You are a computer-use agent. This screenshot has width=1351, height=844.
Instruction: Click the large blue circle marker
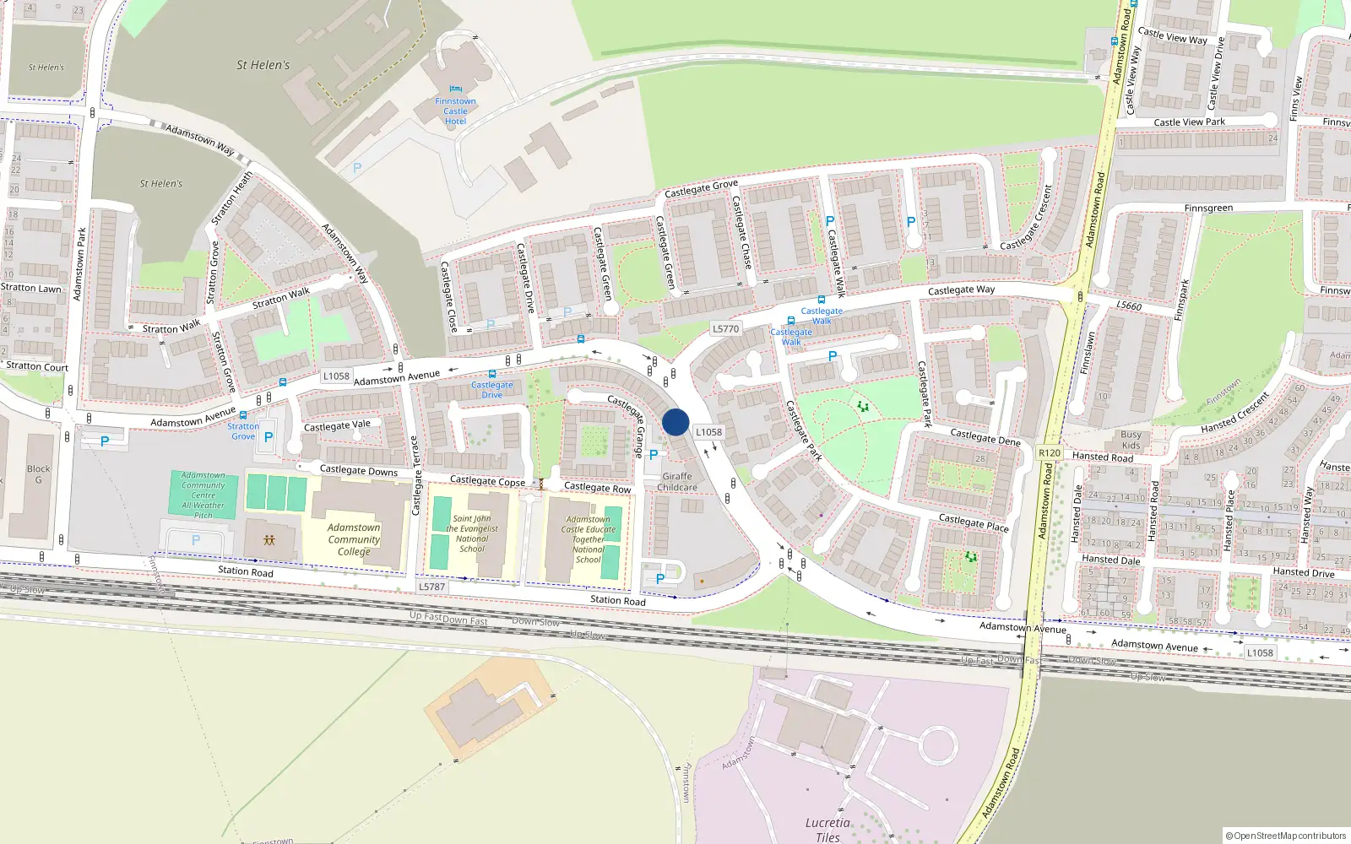tap(675, 422)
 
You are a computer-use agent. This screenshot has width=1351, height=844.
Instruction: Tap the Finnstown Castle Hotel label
tap(455, 111)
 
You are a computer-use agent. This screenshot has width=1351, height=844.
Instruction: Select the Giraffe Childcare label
tap(677, 482)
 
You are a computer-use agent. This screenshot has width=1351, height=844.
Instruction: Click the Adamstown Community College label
tap(354, 539)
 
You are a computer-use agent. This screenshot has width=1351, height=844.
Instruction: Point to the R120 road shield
tap(1050, 453)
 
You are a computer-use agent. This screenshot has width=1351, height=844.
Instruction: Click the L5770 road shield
tap(725, 329)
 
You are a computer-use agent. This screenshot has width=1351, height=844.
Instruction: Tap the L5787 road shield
tap(431, 587)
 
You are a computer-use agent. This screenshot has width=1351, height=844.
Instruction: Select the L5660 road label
tap(1129, 306)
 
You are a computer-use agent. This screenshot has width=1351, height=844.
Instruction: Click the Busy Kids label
tap(1131, 440)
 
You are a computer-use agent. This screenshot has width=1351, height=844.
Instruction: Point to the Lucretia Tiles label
tap(827, 830)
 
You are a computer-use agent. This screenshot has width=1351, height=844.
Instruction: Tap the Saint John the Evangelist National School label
tap(472, 534)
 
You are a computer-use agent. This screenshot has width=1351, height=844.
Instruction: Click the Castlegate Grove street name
tap(701, 188)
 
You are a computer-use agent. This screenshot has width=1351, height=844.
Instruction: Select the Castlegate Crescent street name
tap(1027, 218)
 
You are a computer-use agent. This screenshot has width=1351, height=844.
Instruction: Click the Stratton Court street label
tap(37, 366)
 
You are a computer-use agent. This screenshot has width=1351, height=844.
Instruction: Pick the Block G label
tap(38, 474)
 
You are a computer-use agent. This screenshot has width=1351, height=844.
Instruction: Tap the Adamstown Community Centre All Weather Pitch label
tap(203, 495)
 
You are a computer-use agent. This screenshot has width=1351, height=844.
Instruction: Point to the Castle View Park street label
tap(1189, 122)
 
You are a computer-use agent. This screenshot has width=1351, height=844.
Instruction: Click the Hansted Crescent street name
tap(1235, 413)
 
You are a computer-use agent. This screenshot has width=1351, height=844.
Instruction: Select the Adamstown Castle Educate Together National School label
tap(589, 539)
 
